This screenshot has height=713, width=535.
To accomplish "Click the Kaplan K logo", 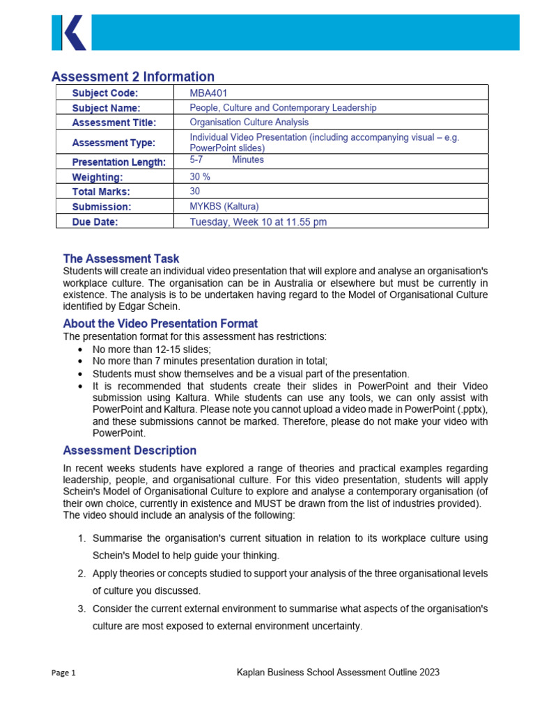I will coord(69,32).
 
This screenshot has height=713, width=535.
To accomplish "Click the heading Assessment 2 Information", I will coord(133,77).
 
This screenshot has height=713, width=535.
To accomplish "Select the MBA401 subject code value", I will coord(208,93).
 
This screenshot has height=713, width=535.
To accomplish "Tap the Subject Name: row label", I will coord(106,108).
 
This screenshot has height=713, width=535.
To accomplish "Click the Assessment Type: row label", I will coord(114,143).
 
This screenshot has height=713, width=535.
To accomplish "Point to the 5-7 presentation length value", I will coord(196,159).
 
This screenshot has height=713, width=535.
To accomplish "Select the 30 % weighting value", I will coord(200,177).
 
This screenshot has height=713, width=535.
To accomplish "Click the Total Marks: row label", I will coord(101,191).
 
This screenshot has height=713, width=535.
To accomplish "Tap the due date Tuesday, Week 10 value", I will coord(258,222).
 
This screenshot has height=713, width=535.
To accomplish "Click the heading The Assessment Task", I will coord(121,258).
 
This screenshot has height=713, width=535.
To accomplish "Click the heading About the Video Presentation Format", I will coord(160,324).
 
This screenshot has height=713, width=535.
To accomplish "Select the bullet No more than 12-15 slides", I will coord(151,349).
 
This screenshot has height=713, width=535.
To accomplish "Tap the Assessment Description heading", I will coord(130,450).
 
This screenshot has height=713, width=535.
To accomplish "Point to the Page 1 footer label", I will coord(63,673).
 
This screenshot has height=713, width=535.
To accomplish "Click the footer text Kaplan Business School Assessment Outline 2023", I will coord(338,673).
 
